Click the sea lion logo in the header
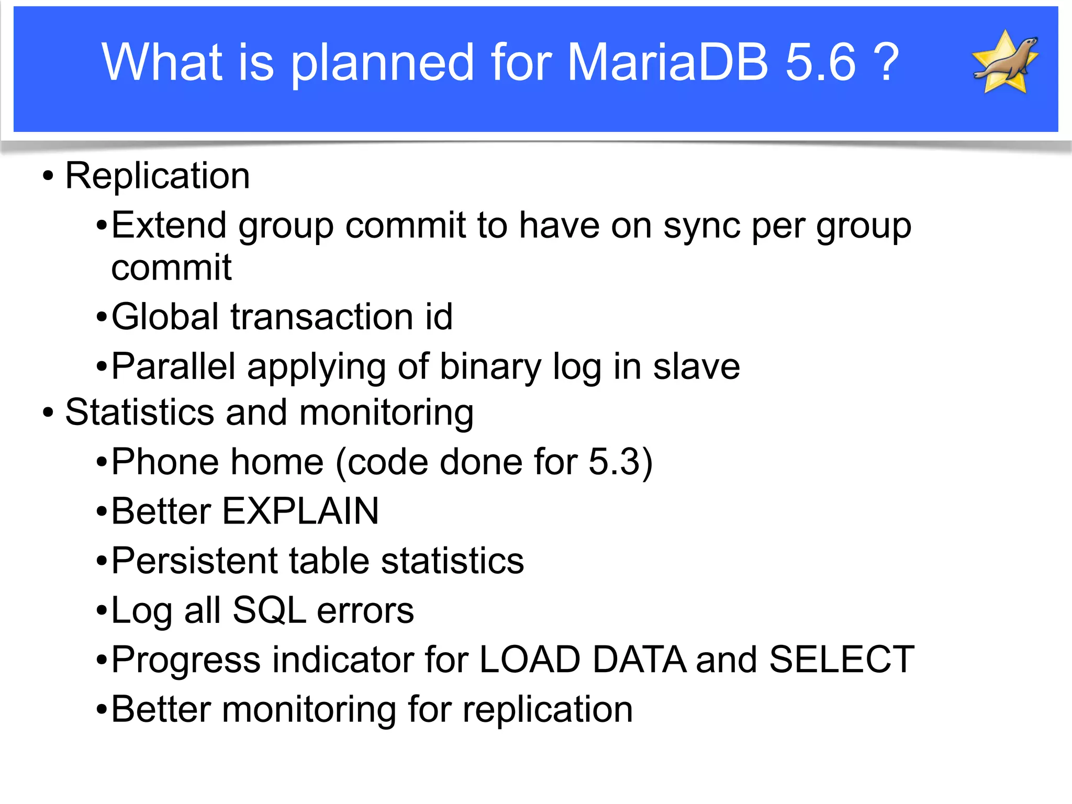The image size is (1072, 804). (x=1005, y=62)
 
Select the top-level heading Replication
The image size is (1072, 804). (x=157, y=176)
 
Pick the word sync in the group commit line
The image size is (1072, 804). (x=701, y=226)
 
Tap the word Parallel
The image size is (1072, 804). (x=173, y=366)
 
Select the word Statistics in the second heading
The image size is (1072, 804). (x=139, y=412)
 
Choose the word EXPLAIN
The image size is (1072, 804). (x=300, y=511)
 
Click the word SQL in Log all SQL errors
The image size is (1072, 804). (x=269, y=610)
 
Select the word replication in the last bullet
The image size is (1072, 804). (x=548, y=710)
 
